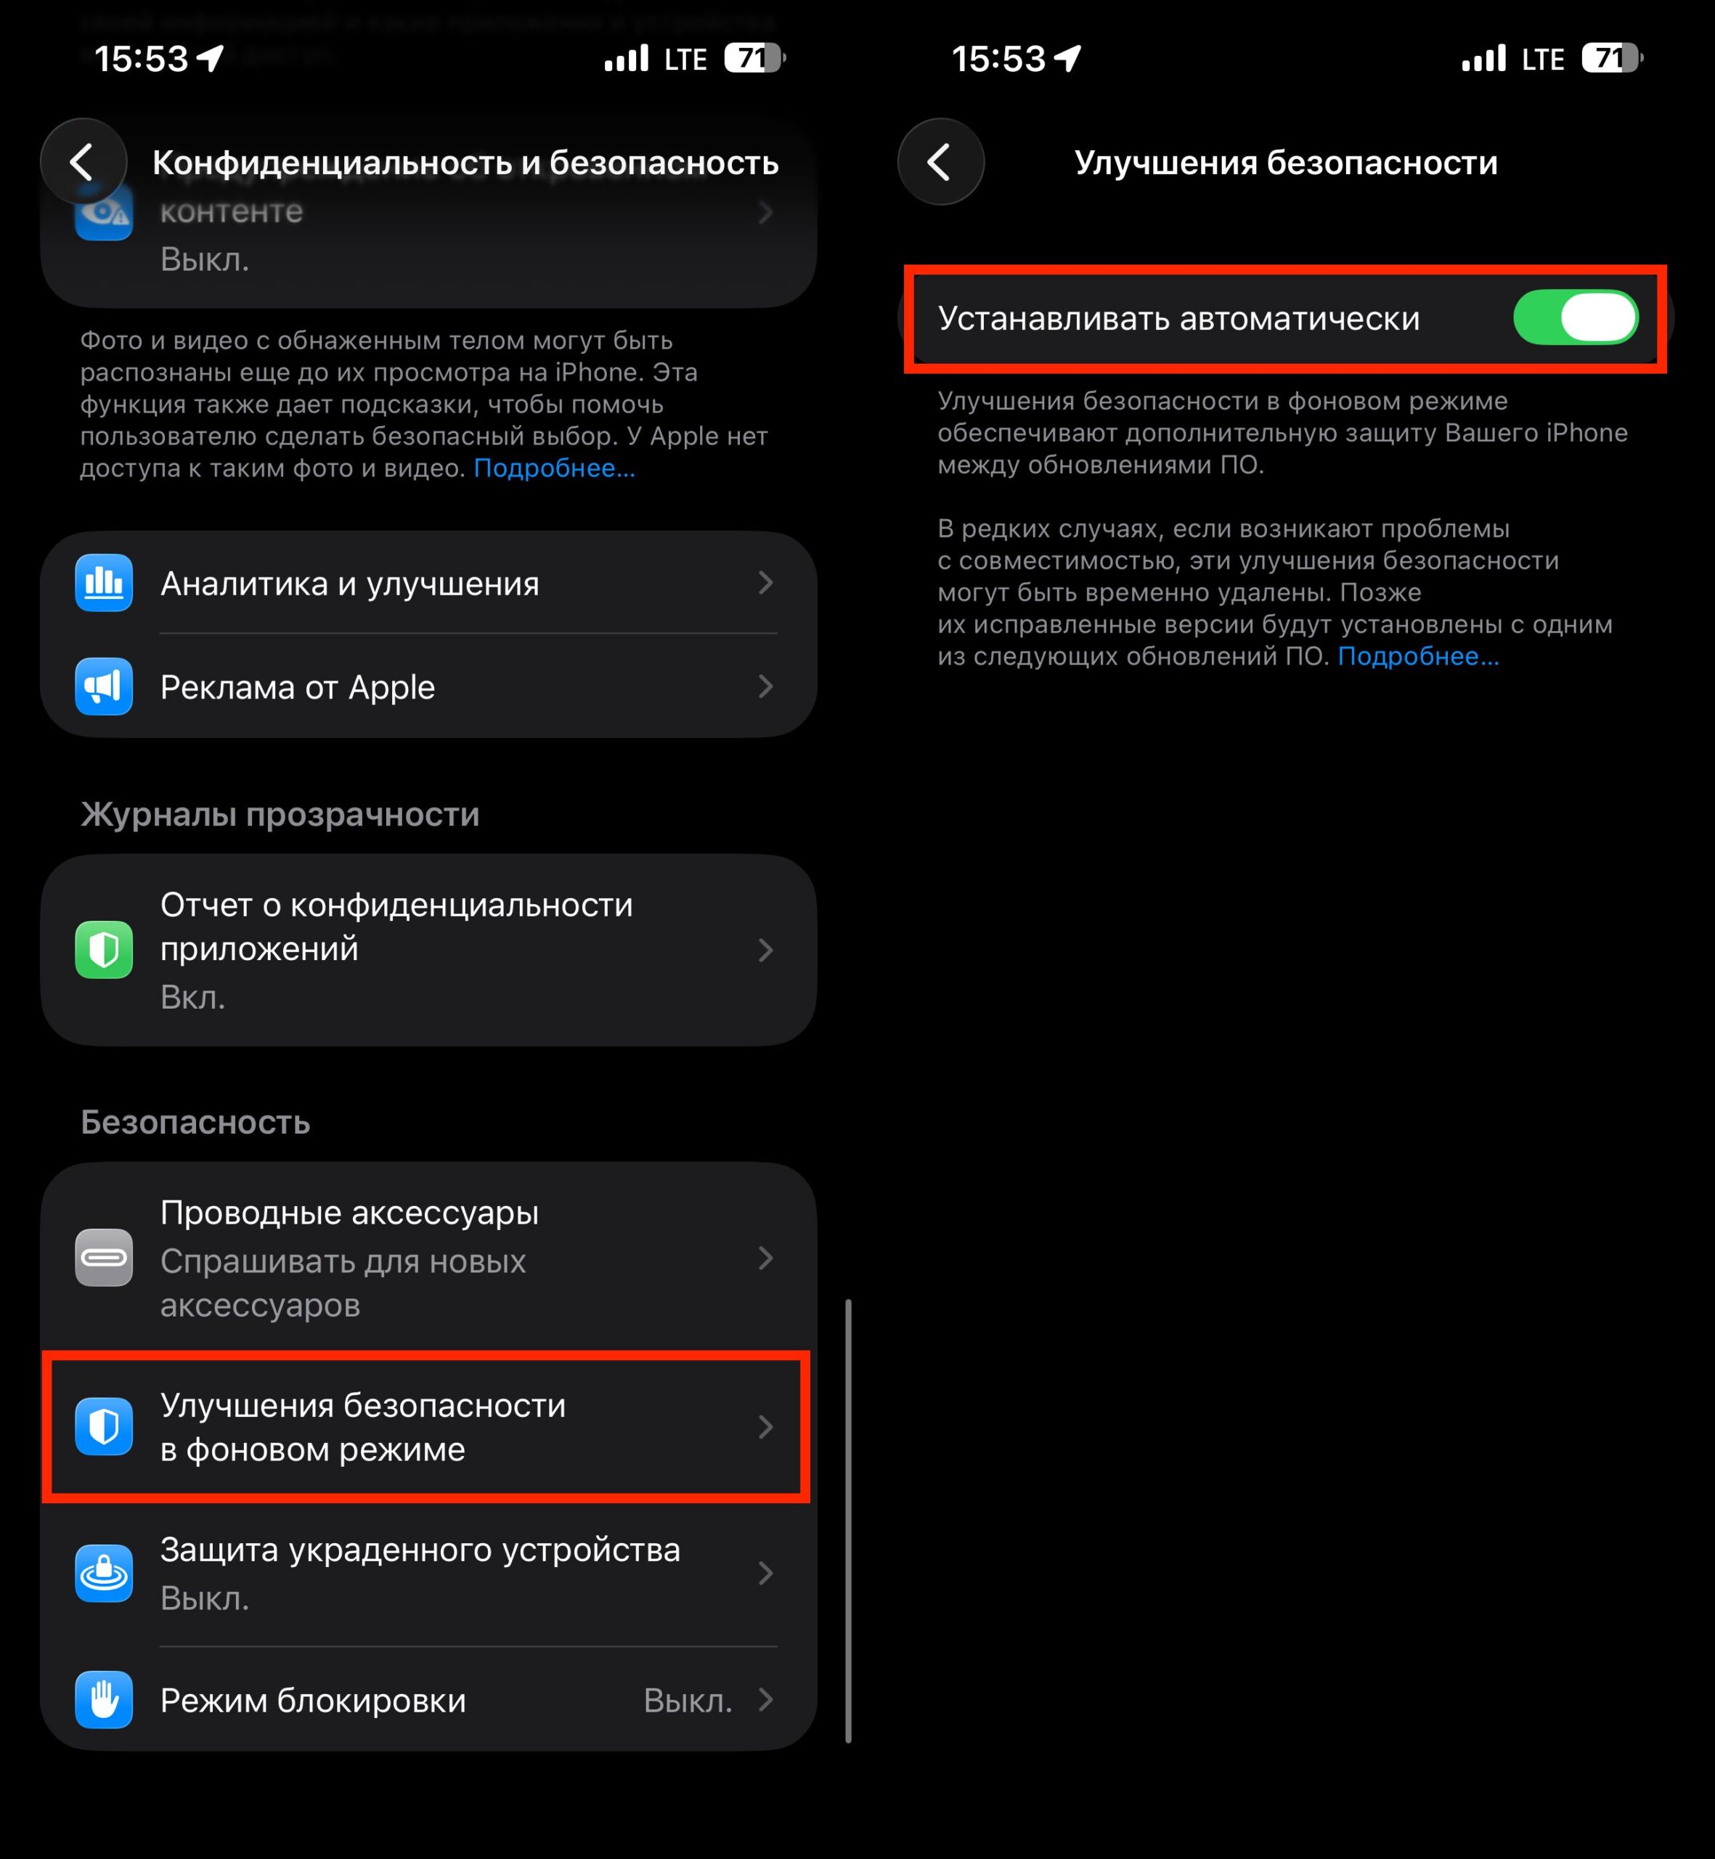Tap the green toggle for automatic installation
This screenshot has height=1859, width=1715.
1575,317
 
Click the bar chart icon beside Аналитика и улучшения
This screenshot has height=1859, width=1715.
104,583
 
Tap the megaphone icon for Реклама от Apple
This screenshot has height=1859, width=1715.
104,687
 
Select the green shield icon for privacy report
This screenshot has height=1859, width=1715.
104,949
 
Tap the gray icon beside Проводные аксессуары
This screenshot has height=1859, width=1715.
104,1258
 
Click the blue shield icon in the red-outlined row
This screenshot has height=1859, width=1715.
104,1426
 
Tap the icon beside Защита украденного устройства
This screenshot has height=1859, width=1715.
104,1573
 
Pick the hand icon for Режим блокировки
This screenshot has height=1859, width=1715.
104,1699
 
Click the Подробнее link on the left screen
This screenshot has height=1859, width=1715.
554,468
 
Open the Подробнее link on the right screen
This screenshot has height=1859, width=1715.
1417,656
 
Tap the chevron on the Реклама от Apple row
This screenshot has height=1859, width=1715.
765,687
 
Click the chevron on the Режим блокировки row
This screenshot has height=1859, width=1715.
765,1699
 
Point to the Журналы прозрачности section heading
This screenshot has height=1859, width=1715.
280,814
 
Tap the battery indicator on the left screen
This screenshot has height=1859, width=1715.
754,59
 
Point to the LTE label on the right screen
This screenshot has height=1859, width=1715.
1542,60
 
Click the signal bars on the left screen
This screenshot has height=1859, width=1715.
627,60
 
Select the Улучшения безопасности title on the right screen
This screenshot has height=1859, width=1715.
1285,163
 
